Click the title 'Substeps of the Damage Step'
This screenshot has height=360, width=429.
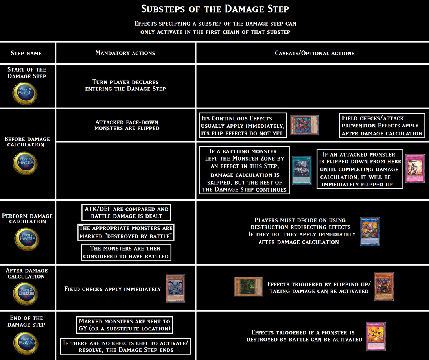pos(214,9)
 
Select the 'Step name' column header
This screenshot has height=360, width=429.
pos(26,53)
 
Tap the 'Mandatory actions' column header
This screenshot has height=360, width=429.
pos(125,53)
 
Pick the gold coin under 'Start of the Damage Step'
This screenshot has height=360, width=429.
pos(26,93)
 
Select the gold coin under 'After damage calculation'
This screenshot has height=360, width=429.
pos(26,293)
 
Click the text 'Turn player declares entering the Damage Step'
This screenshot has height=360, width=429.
pos(125,85)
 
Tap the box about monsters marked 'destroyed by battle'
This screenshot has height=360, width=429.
pos(126,232)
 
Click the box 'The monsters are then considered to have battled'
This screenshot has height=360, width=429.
pos(126,252)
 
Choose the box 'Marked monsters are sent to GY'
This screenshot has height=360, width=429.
pos(124,325)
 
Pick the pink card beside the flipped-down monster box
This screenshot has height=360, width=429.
pos(414,168)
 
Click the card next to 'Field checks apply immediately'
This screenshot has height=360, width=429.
pos(175,288)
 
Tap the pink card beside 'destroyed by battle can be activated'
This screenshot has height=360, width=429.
pos(376,336)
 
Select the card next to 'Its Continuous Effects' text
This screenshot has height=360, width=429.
pos(304,125)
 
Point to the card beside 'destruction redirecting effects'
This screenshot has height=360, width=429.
pos(370,231)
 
